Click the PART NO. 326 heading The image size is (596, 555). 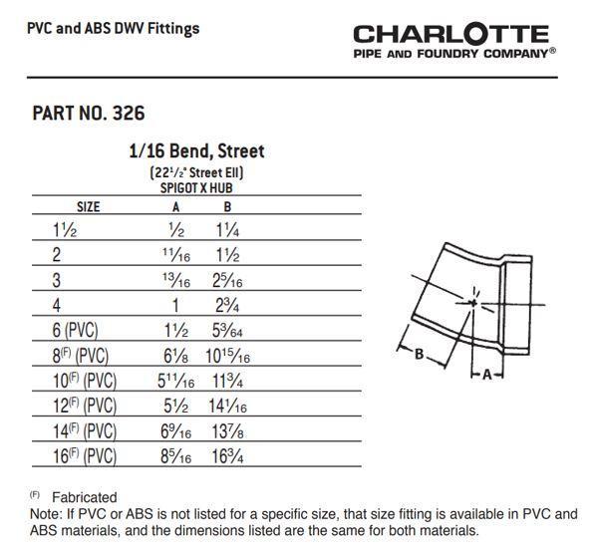click(89, 113)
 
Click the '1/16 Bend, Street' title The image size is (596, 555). click(196, 151)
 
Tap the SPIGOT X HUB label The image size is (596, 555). click(196, 187)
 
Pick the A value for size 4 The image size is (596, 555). click(177, 304)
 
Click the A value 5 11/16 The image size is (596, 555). click(175, 380)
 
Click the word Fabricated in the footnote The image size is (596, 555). click(84, 496)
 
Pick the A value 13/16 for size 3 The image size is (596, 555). click(176, 279)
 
